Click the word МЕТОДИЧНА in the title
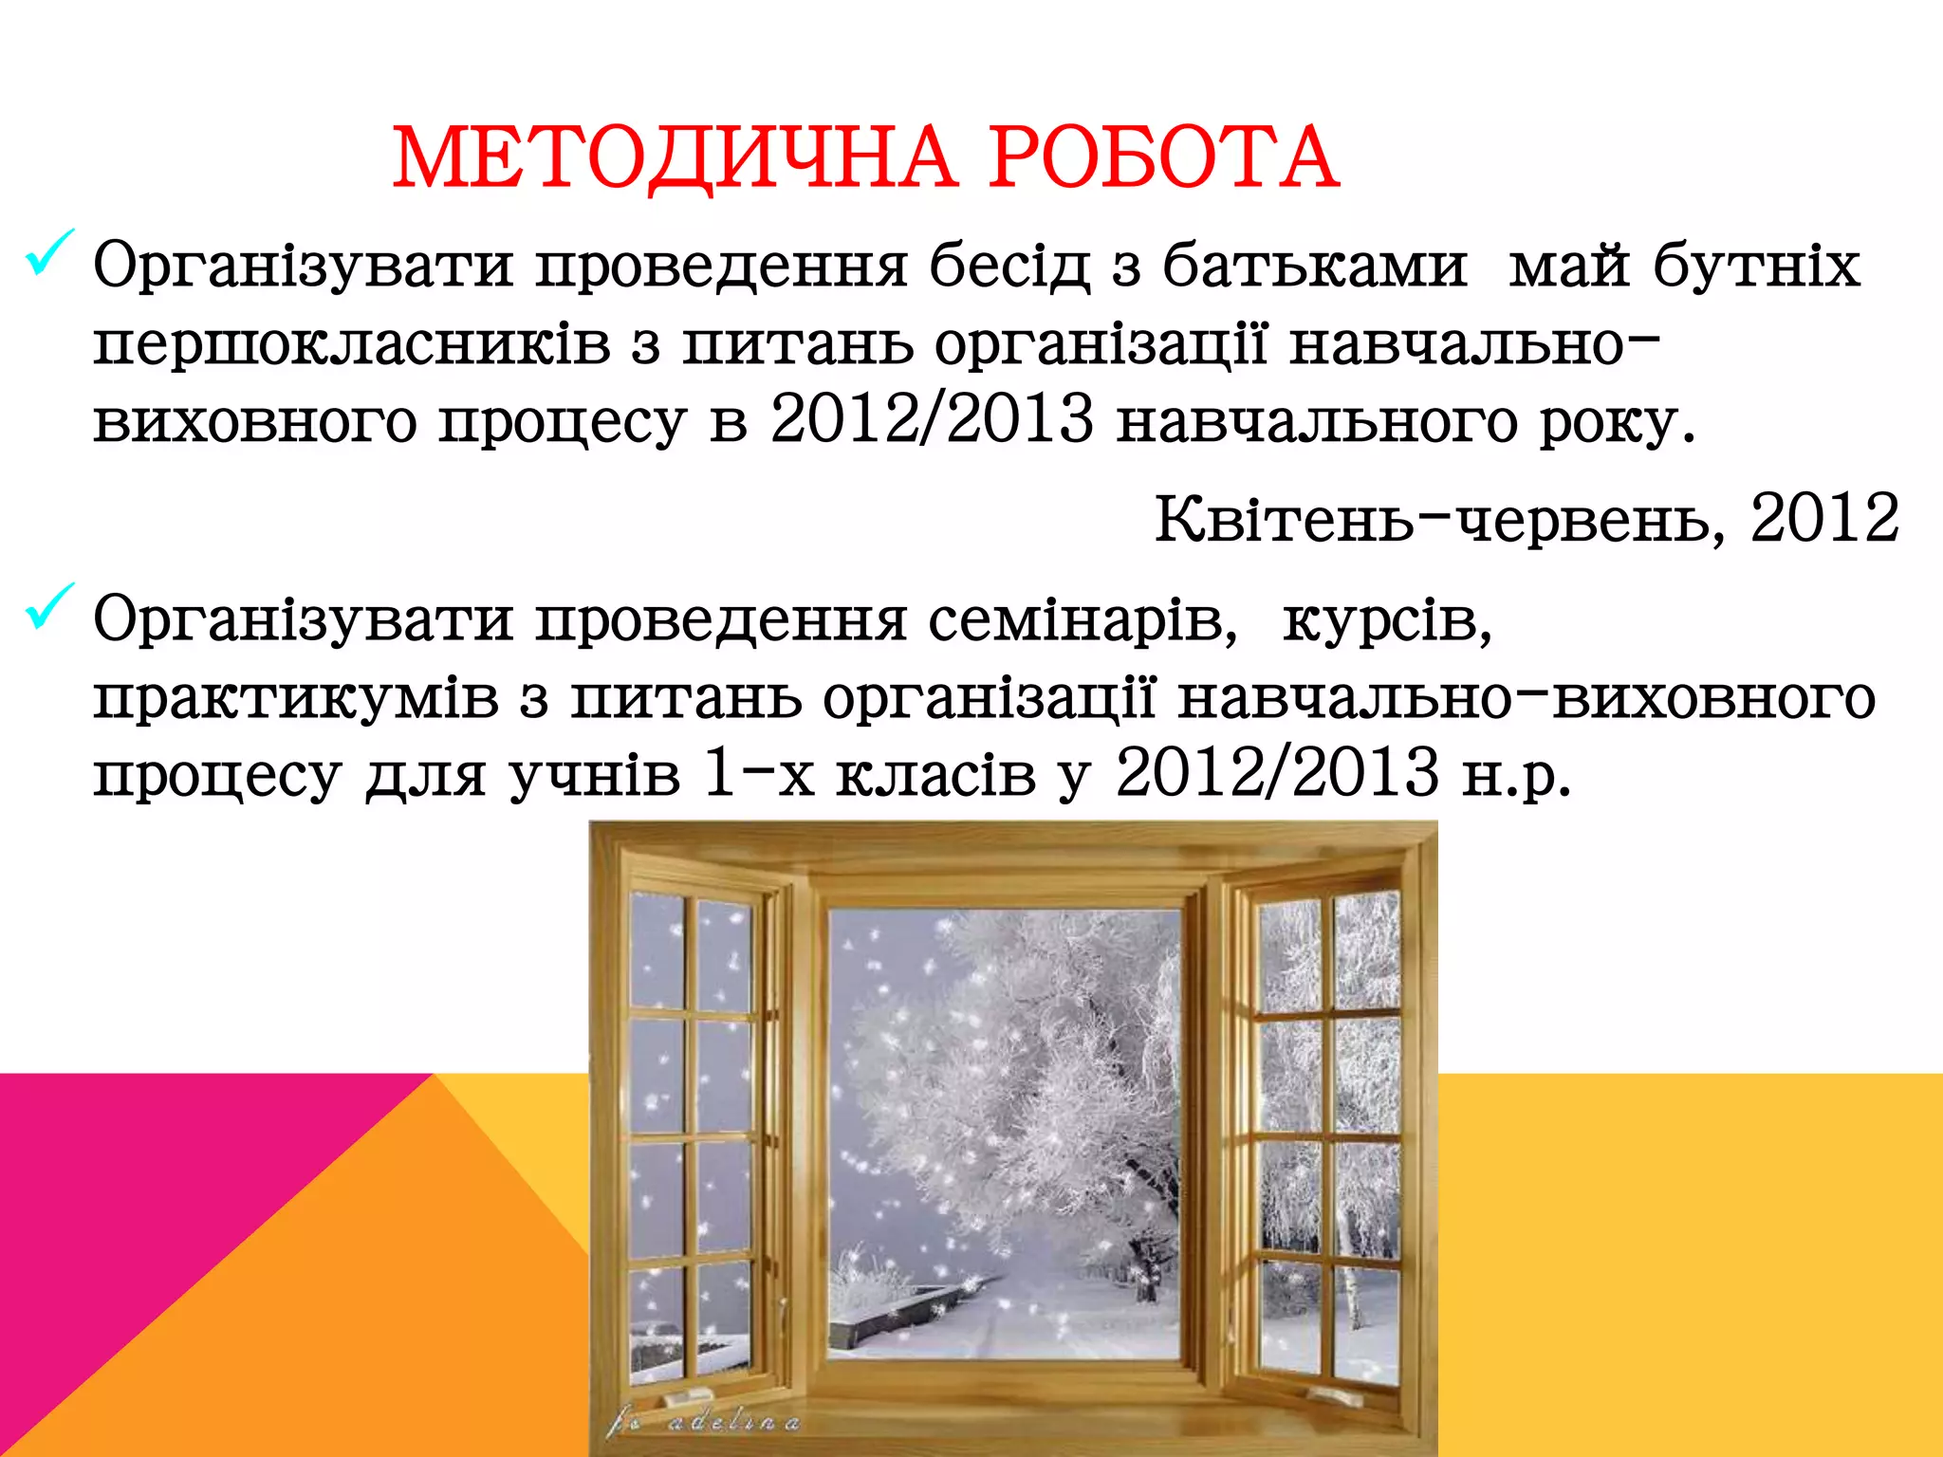tap(674, 157)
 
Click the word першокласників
tap(352, 343)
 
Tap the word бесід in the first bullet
tap(1009, 265)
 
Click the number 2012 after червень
tap(1823, 519)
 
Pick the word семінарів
tap(1083, 620)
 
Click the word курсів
tap(1387, 620)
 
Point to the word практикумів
tap(296, 698)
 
